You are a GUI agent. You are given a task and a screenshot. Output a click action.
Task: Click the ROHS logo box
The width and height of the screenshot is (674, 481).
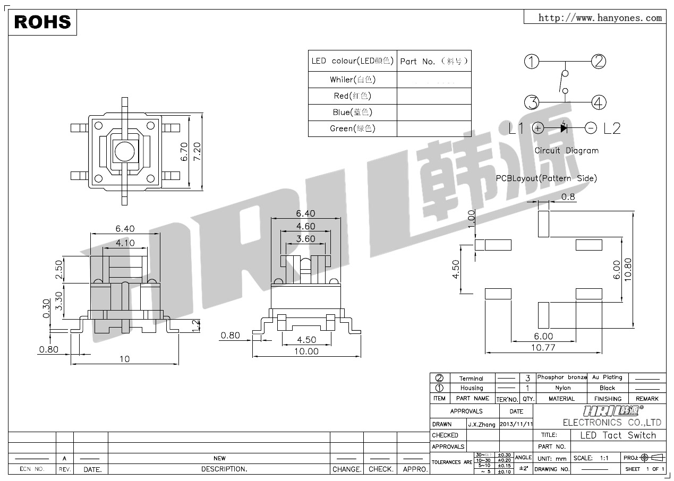pos(42,22)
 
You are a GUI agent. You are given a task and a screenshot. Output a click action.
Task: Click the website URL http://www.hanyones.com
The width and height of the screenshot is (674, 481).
pos(600,18)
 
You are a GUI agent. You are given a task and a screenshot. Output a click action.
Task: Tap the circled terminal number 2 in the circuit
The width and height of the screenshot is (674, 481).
pos(599,62)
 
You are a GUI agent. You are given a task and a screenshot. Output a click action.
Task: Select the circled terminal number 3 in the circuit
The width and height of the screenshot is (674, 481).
pos(532,102)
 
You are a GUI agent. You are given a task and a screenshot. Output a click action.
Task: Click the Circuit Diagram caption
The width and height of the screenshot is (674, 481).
pos(566,151)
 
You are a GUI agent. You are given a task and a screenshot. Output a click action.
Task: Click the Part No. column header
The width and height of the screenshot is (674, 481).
pos(434,61)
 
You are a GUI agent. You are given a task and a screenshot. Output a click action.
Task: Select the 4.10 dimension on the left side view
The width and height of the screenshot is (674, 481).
pos(125,243)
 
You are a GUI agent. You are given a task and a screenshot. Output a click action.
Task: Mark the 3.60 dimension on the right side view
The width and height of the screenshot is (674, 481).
pos(306,239)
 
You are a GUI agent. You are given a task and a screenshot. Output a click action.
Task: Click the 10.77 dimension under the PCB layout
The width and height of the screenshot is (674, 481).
pos(544,348)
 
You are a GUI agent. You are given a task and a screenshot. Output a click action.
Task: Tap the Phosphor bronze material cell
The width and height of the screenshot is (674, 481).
pos(561,377)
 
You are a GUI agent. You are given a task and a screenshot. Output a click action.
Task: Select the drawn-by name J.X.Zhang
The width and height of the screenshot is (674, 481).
pos(482,424)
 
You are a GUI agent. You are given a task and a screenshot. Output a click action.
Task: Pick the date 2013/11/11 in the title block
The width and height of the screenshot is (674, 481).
pos(516,424)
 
